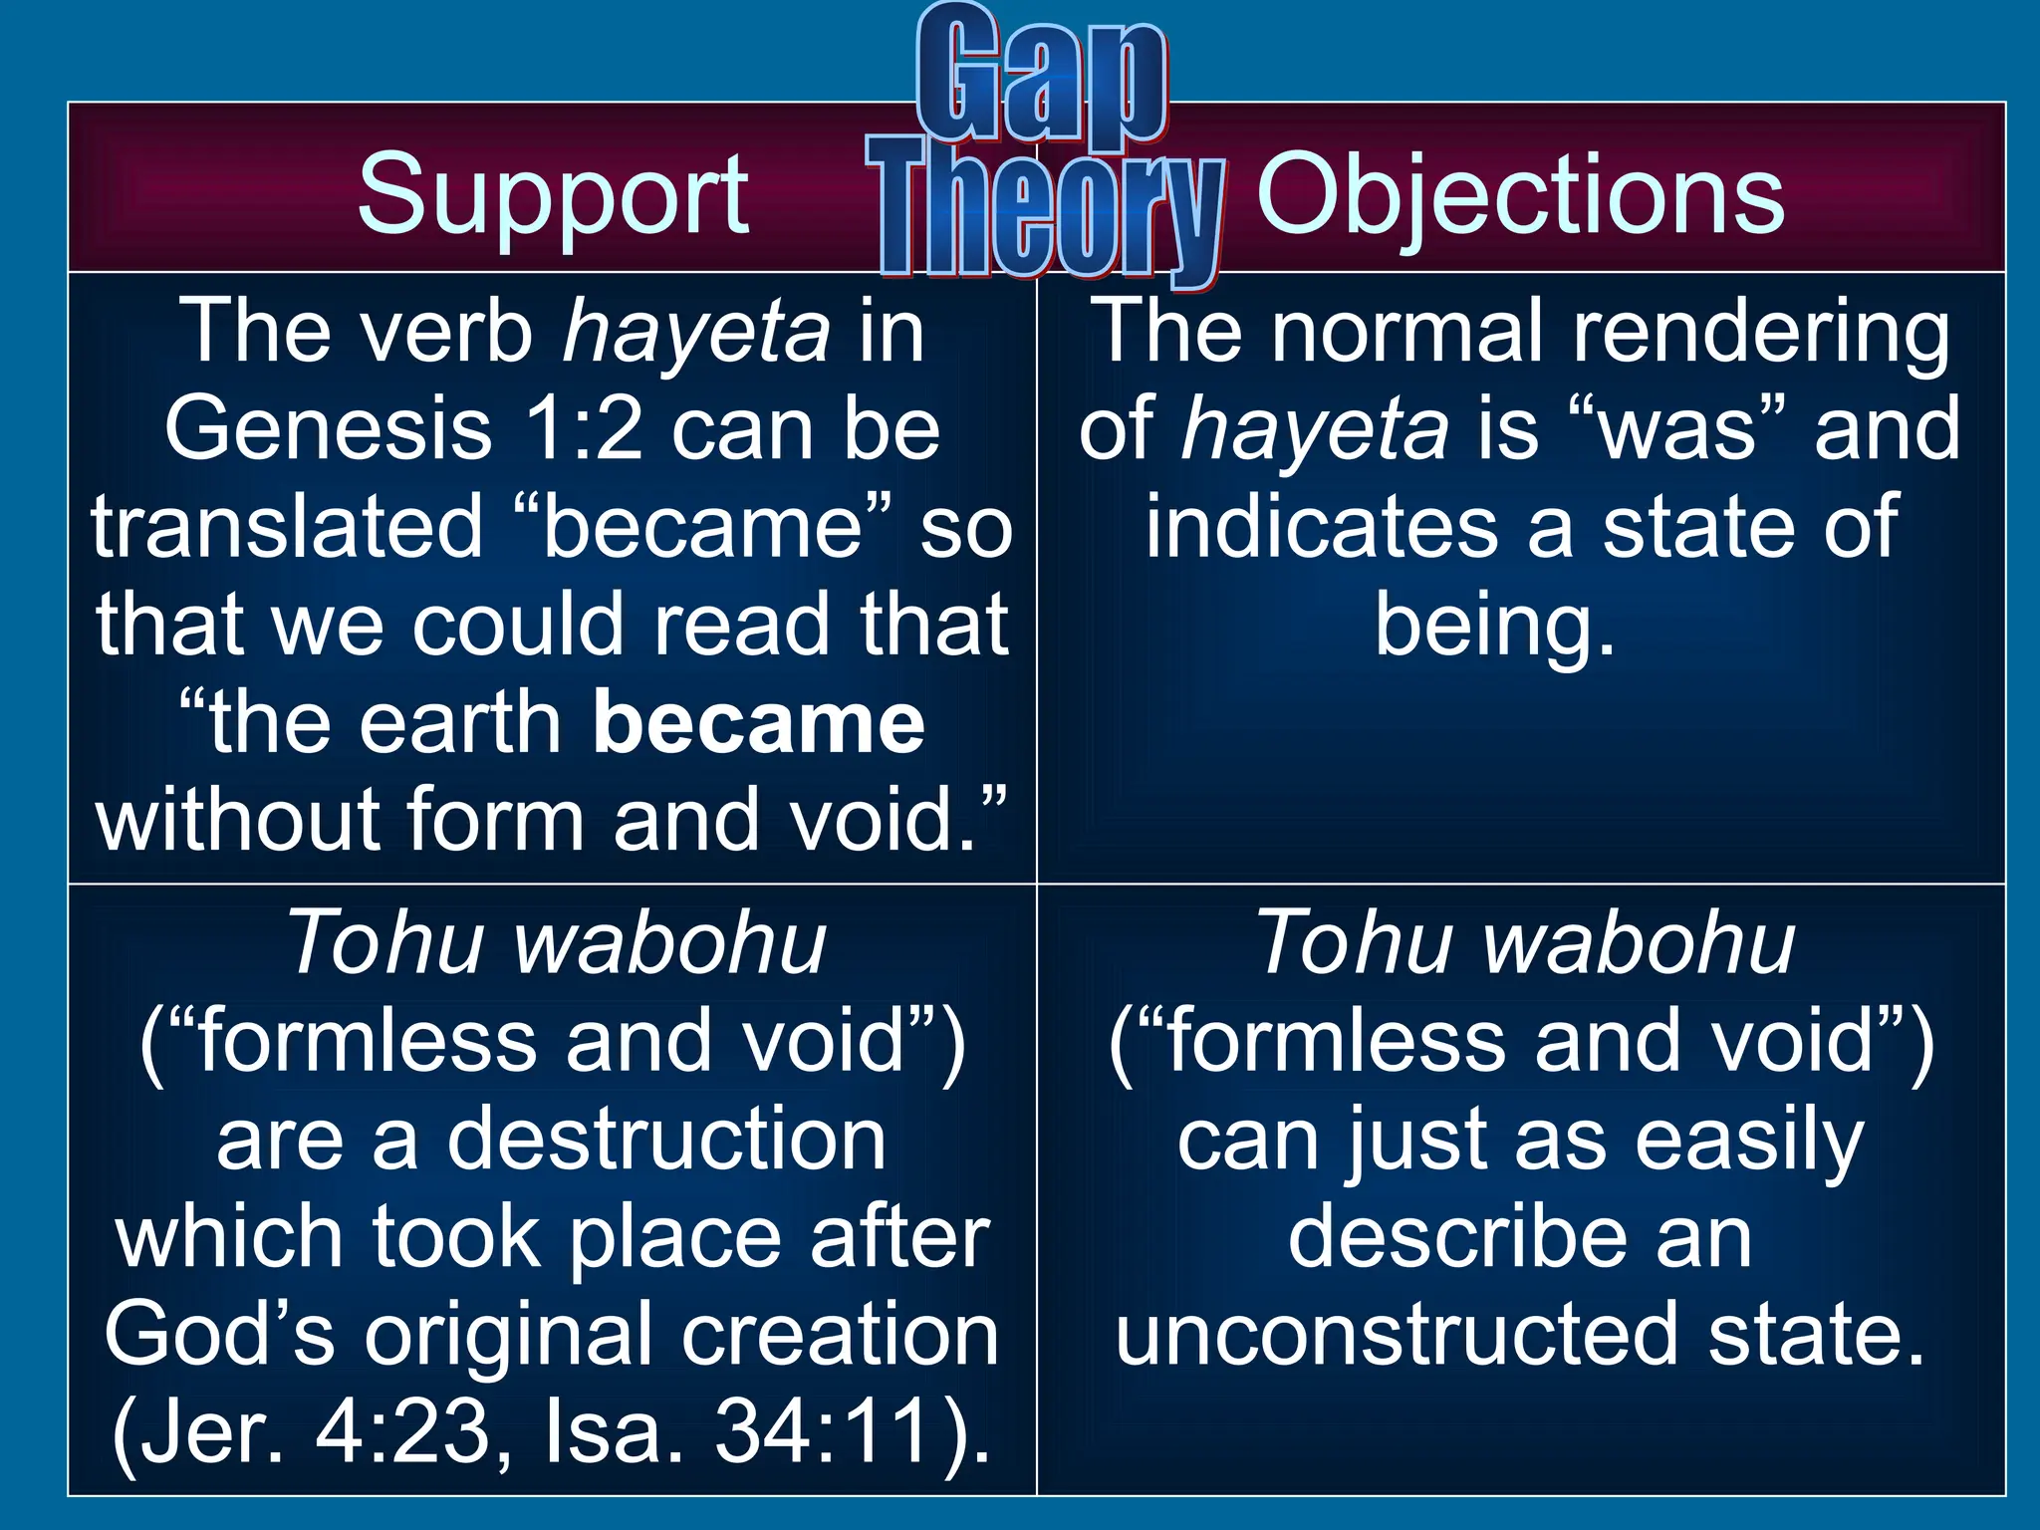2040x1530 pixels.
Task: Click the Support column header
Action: click(x=553, y=194)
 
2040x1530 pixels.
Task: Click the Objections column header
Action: click(x=1520, y=194)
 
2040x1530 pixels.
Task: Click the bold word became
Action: click(x=759, y=724)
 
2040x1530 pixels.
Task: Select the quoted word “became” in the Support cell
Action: click(x=703, y=528)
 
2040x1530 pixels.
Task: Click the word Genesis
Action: click(x=329, y=430)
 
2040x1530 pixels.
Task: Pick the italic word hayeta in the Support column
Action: click(x=696, y=333)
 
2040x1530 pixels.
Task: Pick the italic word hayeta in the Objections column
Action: click(x=1315, y=430)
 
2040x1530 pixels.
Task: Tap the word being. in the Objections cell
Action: click(x=1494, y=626)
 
